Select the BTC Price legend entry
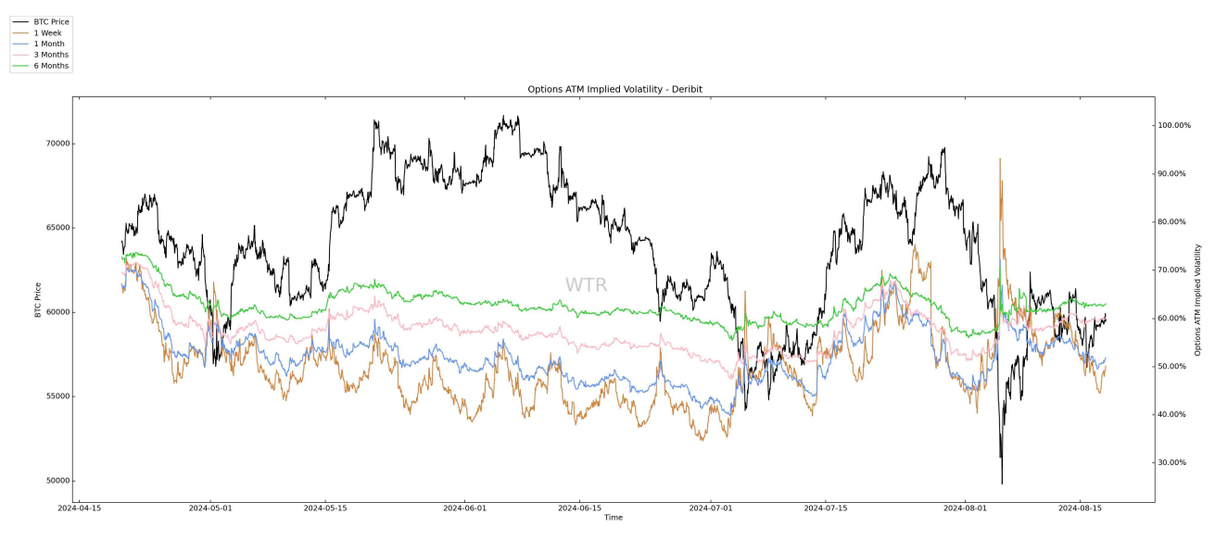pos(51,21)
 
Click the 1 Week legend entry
pos(47,32)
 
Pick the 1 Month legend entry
pos(49,44)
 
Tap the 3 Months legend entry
pos(51,55)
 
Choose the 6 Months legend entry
pos(51,66)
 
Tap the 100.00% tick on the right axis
pos(1179,125)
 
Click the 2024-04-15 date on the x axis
pos(81,508)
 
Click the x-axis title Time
pos(614,518)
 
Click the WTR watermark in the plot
pos(586,285)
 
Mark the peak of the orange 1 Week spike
pos(1000,158)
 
